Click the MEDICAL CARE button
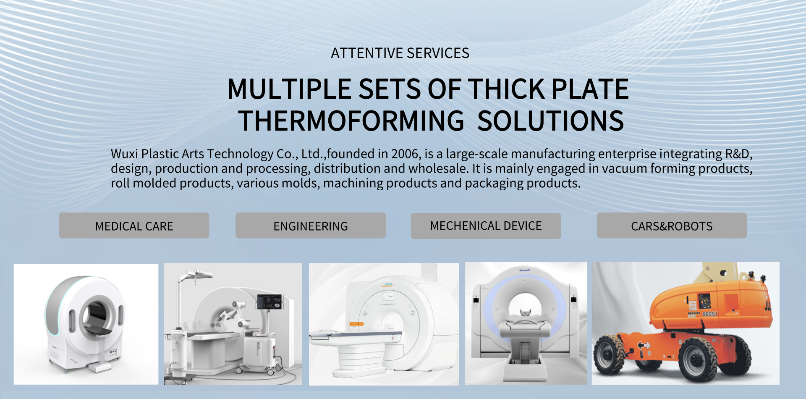click(x=134, y=226)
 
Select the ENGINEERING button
click(x=311, y=226)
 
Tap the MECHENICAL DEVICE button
click(x=486, y=226)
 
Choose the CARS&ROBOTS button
click(x=672, y=226)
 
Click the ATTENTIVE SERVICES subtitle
click(x=400, y=53)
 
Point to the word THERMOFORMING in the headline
click(x=351, y=121)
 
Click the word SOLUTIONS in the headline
click(x=550, y=121)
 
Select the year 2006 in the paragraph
click(x=405, y=154)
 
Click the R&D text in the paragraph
click(x=738, y=154)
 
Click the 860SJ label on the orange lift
click(x=709, y=314)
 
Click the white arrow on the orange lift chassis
click(x=644, y=346)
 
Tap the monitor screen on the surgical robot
click(x=269, y=302)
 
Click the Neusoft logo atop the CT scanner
click(x=524, y=270)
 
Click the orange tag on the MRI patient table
click(x=357, y=324)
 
